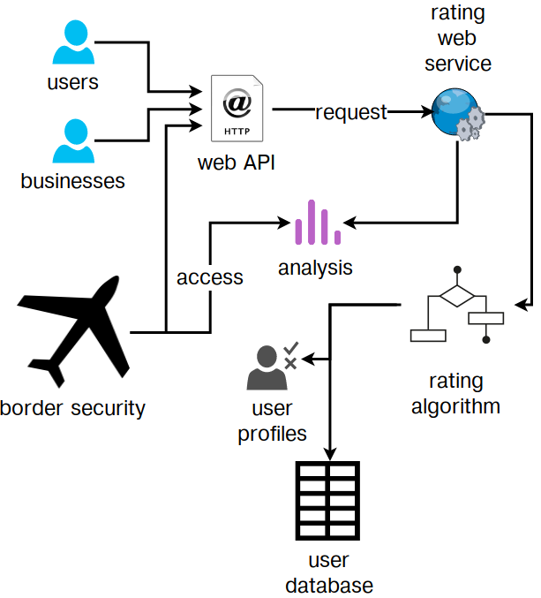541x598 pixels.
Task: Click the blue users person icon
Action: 73,42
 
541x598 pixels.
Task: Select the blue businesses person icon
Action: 73,141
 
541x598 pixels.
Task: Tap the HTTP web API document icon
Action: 237,109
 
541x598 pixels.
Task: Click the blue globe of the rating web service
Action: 455,111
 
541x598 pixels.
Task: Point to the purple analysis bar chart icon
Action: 318,222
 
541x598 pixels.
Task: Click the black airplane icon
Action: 73,332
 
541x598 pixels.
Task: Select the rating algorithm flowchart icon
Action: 457,305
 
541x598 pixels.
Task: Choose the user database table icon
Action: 327,500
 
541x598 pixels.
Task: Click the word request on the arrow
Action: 351,112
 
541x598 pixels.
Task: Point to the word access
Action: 209,277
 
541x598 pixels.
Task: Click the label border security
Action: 72,408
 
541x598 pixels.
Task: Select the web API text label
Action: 237,163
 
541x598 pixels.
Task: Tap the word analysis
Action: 315,269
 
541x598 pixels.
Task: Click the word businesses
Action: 72,181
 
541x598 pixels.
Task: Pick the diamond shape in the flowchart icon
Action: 457,296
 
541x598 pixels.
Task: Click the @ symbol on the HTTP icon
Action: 237,102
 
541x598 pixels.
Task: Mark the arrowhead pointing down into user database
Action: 330,454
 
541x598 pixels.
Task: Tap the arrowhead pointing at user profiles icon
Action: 308,359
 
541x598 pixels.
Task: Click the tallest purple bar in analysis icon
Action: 312,222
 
